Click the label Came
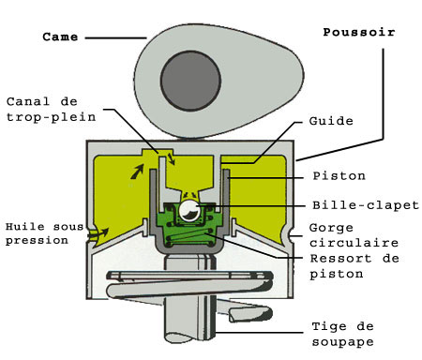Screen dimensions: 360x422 tap(61, 37)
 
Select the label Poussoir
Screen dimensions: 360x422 tap(359, 32)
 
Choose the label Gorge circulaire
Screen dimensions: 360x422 tap(341, 235)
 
